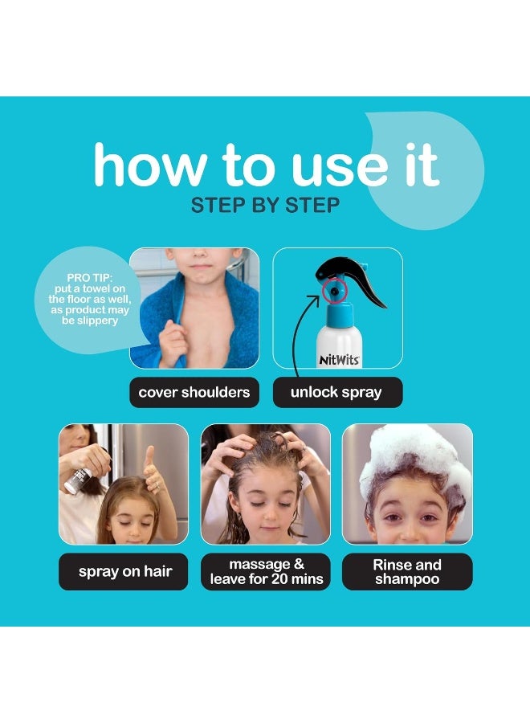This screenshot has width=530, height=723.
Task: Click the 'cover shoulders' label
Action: (194, 393)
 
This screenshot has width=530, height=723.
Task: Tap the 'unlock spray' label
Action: (336, 393)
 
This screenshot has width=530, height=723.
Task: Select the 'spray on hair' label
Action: (124, 572)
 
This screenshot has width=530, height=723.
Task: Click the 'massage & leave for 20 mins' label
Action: (266, 572)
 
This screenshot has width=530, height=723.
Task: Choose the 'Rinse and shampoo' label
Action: (407, 572)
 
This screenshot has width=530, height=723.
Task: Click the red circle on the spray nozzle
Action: (332, 288)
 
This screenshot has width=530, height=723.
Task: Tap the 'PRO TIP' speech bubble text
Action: (84, 299)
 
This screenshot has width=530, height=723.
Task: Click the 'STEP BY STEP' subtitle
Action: (265, 206)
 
